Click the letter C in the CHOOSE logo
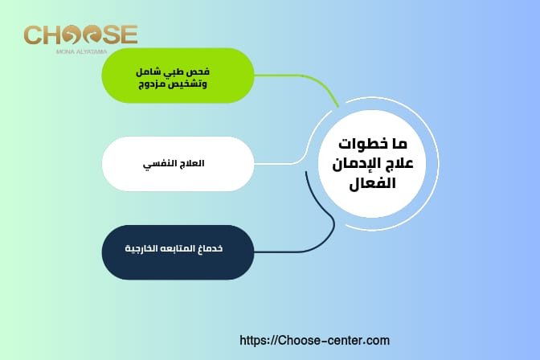[33, 35]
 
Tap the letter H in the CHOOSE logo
[54, 35]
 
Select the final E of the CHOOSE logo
[129, 35]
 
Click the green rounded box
[178, 76]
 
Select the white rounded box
[178, 164]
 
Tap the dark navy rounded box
[178, 252]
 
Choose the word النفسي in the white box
[158, 164]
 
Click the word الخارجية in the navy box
[146, 250]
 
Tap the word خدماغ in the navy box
[210, 250]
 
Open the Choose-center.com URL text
[316, 341]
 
